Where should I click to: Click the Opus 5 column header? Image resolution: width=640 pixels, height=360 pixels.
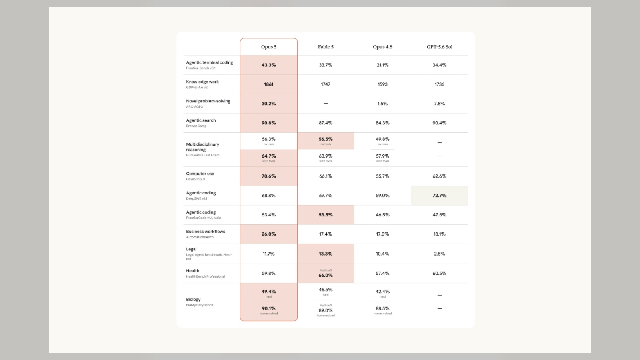[268, 47]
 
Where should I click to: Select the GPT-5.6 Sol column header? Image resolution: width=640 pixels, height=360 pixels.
[440, 47]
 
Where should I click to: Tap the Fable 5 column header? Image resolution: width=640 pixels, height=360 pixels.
[326, 47]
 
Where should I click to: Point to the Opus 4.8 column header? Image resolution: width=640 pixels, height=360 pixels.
[382, 47]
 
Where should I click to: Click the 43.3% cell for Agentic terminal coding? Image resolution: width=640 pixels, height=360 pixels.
[268, 65]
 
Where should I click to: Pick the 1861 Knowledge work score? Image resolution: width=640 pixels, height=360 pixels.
[268, 84]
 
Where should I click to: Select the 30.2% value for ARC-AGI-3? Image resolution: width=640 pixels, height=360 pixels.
[268, 104]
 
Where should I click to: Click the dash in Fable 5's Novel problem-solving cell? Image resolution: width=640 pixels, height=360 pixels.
[326, 104]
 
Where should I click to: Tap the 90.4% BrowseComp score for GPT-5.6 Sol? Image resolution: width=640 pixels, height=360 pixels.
[440, 123]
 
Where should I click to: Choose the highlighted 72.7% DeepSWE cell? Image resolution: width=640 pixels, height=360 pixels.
[440, 196]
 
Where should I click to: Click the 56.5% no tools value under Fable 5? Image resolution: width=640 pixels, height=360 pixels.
[326, 139]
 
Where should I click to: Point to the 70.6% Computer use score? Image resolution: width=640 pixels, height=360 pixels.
[268, 176]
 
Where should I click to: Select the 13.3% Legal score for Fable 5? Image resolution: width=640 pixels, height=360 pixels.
[326, 254]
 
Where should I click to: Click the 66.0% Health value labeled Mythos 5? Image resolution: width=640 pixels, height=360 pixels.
[326, 276]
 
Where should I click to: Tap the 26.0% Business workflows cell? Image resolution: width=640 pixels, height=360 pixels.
[268, 234]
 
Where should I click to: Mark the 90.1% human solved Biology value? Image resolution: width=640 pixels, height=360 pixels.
[268, 308]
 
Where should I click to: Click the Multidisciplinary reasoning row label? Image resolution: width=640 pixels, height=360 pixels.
[202, 147]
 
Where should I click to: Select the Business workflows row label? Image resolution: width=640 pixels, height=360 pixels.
[206, 232]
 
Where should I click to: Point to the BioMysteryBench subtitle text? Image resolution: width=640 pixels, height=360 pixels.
[200, 305]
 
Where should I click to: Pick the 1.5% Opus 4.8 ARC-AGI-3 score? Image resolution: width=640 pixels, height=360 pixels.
[382, 104]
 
